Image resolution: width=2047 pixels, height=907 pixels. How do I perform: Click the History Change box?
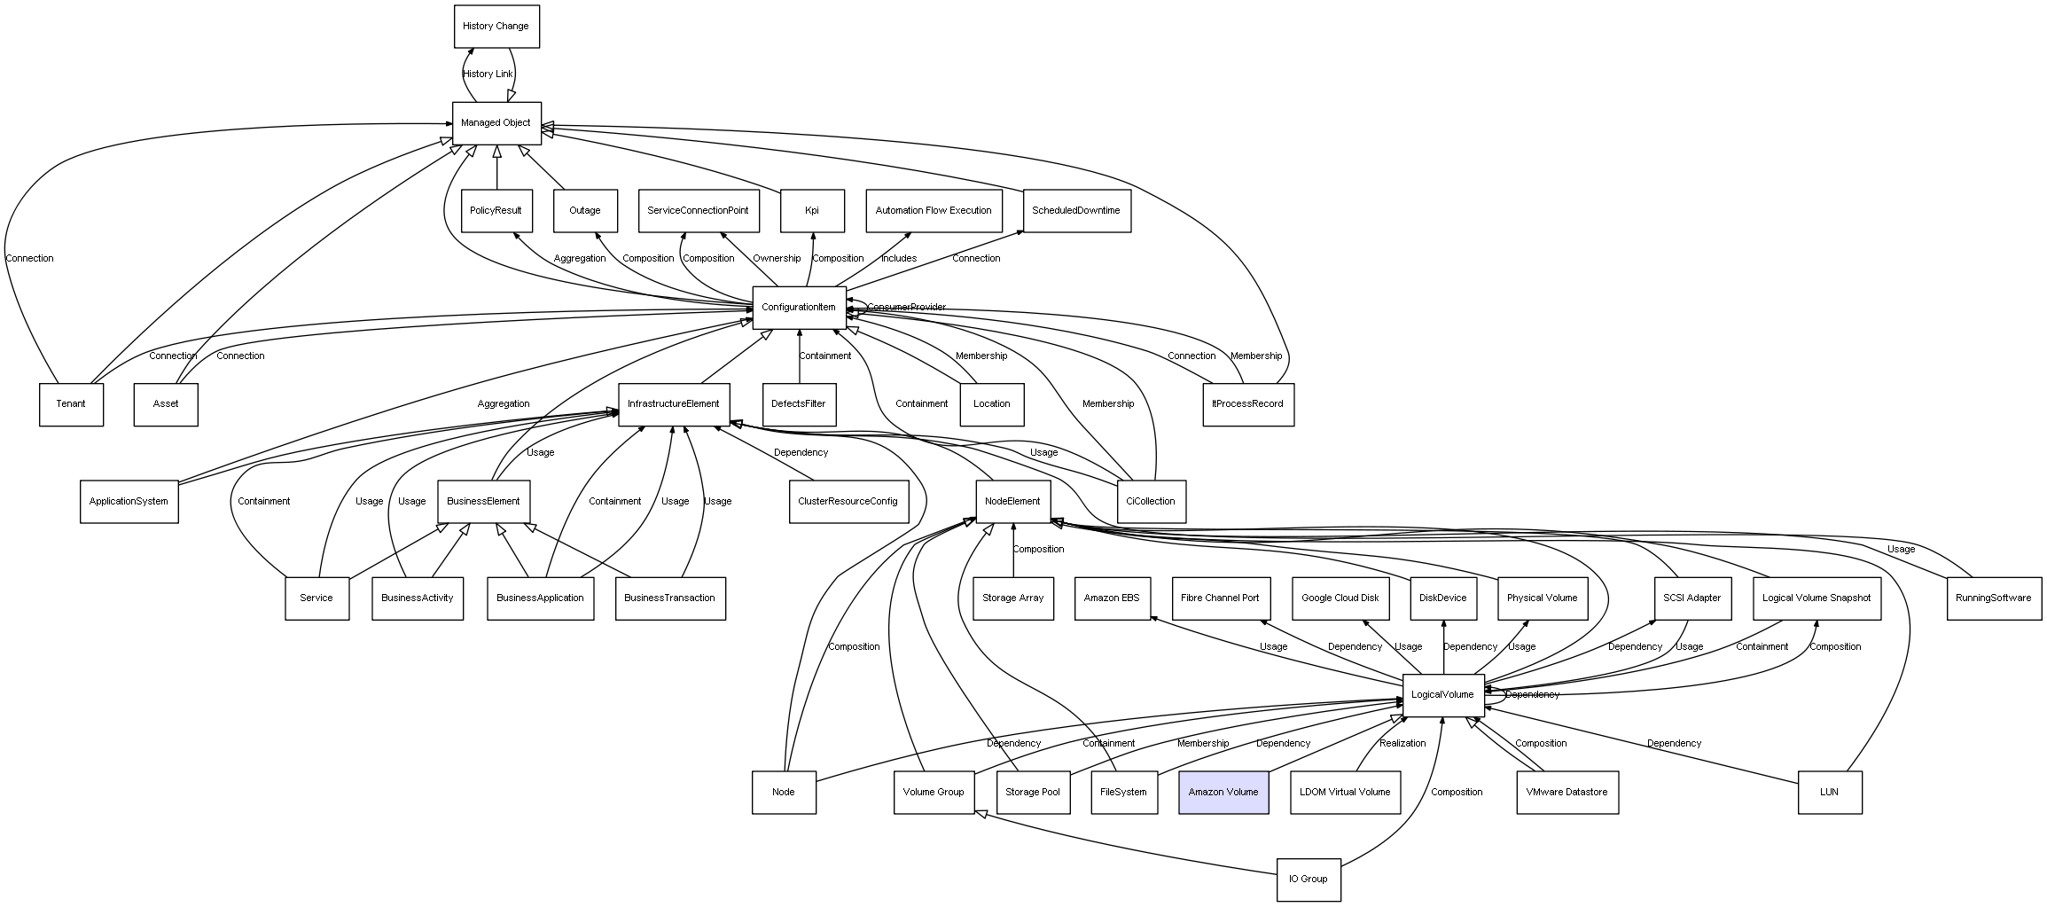pos(496,27)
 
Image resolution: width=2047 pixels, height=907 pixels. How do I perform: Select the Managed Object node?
pos(496,123)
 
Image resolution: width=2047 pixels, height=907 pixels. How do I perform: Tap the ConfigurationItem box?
pos(798,308)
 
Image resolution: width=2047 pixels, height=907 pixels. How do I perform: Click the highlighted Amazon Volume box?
pos(1223,792)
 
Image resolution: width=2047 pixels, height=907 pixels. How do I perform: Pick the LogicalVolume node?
pos(1442,695)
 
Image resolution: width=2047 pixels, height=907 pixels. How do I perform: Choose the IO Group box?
pos(1308,879)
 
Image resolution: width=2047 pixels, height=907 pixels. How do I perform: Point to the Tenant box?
pos(71,404)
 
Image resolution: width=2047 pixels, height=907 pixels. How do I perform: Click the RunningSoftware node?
pos(1993,598)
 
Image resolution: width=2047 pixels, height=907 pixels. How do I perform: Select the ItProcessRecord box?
pos(1247,404)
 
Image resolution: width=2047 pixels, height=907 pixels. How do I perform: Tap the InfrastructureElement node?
pos(673,404)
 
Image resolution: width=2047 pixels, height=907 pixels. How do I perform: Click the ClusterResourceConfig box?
pos(848,502)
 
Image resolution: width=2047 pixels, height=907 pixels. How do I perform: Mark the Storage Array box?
pos(1012,598)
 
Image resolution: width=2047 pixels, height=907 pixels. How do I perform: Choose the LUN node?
pos(1829,792)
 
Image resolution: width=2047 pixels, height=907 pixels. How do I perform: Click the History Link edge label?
pos(488,74)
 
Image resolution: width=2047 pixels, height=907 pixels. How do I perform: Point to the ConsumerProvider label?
pos(906,308)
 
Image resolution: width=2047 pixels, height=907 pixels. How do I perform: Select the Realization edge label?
pos(1402,743)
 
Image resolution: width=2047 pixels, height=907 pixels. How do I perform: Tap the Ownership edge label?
pos(777,259)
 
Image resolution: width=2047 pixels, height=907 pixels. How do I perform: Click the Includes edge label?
pos(899,259)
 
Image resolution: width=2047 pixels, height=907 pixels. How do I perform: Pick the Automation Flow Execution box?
pos(934,211)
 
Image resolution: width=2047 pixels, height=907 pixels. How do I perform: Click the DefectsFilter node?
pos(798,404)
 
